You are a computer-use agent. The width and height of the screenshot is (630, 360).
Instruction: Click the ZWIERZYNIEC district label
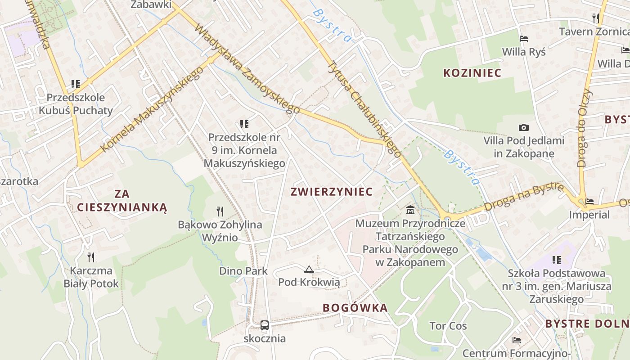tap(332, 192)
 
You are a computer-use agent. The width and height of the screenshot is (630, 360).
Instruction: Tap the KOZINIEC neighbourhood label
tap(472, 73)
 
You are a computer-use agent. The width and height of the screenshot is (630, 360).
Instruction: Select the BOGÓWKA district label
tap(355, 308)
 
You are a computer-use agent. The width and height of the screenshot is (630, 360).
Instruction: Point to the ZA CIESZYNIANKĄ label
tap(122, 201)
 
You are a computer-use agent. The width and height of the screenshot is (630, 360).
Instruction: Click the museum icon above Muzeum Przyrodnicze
tap(410, 210)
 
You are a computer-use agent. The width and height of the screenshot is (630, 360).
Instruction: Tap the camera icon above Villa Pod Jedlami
tap(524, 127)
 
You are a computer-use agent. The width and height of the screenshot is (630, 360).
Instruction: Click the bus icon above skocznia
tap(265, 325)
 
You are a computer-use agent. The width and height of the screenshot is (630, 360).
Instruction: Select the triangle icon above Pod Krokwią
tap(309, 270)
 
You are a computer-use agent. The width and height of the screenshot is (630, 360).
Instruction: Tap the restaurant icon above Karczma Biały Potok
tap(91, 257)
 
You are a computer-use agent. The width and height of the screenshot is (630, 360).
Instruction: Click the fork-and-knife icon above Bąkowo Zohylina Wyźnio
tap(220, 211)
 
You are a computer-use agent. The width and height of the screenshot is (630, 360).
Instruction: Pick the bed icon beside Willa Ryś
tap(523, 39)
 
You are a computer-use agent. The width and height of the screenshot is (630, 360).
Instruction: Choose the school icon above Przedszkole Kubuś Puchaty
tap(76, 84)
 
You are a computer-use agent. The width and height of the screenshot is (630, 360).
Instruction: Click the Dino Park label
tap(243, 271)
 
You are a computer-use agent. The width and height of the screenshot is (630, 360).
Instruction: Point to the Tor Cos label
tap(448, 326)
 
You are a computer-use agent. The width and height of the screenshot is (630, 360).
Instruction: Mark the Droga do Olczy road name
tap(585, 128)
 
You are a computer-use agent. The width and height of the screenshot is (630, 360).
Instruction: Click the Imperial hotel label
tap(589, 215)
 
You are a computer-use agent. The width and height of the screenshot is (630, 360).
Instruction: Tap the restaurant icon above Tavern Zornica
tap(596, 18)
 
